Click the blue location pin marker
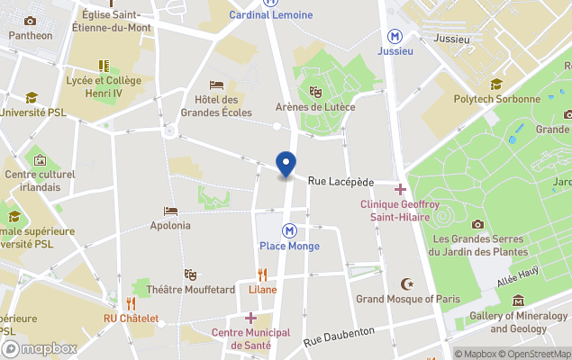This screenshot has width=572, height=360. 286,165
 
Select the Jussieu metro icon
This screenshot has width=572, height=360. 395,36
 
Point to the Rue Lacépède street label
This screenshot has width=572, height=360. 340,182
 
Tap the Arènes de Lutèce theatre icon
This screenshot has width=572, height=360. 315,91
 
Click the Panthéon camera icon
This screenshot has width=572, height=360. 31,21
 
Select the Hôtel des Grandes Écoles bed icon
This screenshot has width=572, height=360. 216,85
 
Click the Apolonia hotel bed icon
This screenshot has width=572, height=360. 170,211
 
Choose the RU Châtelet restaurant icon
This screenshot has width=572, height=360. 131,303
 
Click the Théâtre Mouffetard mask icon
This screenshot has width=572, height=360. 190,274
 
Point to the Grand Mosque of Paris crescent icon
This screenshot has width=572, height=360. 407,283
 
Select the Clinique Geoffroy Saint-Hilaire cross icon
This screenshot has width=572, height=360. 399,189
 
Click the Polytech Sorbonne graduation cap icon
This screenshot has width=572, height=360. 495,85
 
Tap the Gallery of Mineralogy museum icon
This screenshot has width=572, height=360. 518,301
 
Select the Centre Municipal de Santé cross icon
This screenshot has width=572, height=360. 250,318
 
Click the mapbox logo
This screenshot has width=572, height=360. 40,348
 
